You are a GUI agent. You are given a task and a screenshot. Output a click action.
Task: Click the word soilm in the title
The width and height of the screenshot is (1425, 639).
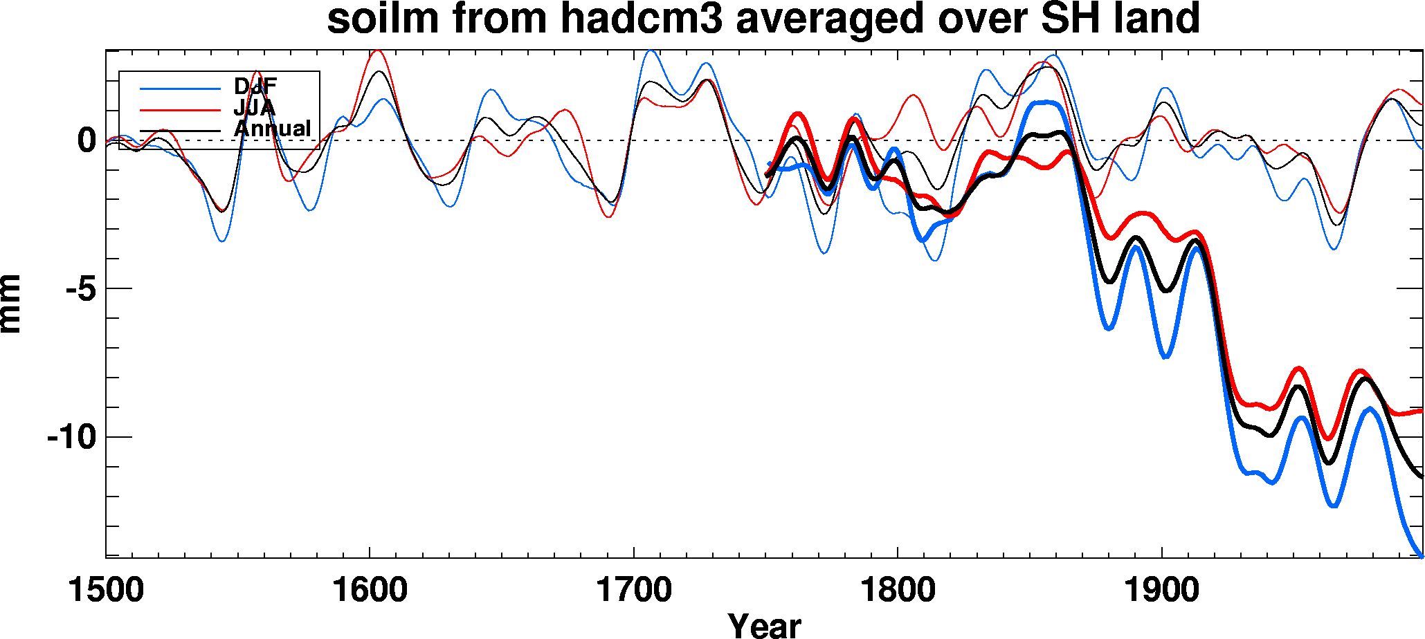[383, 19]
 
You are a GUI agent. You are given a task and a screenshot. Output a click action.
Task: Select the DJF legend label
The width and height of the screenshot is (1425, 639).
[255, 87]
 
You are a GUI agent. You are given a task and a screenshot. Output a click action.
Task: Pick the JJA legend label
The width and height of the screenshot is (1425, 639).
[255, 108]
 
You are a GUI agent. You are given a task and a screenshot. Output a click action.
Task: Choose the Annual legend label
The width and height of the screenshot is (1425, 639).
[273, 129]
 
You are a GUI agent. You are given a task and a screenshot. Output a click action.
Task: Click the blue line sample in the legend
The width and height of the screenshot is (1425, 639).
[180, 89]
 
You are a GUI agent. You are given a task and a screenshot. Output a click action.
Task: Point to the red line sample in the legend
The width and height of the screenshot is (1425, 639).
[180, 109]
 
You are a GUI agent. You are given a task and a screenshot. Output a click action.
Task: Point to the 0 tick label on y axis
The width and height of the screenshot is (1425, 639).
[87, 140]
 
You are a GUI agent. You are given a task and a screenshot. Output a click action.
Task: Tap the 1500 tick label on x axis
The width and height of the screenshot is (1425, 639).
[106, 591]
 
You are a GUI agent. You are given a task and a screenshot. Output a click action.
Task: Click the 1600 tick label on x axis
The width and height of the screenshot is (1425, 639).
[370, 591]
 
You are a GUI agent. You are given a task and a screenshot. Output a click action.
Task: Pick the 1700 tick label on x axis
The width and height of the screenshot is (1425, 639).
[634, 591]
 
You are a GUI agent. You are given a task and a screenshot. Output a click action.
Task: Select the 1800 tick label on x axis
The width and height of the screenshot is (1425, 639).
[898, 591]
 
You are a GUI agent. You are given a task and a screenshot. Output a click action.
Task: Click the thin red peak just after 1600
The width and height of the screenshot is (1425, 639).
[376, 50]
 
